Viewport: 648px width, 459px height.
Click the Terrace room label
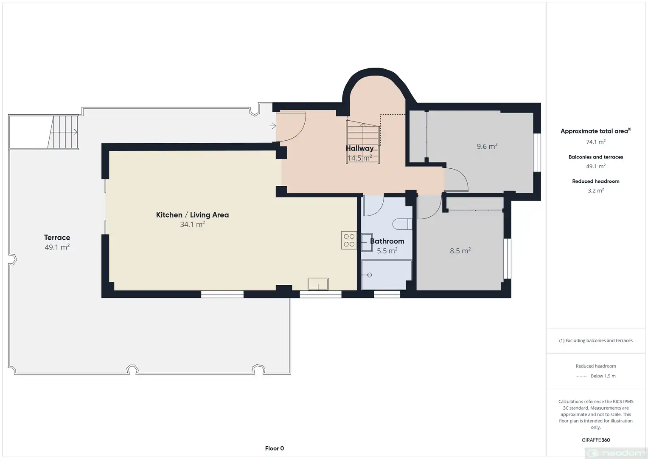click(57, 237)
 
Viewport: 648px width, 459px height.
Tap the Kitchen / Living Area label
click(192, 215)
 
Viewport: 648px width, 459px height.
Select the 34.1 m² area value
click(192, 224)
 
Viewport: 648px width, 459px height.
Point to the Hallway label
click(359, 148)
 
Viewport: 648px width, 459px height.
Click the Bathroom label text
click(387, 241)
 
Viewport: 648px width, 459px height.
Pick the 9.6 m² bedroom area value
click(487, 146)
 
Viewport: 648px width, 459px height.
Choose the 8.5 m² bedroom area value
click(460, 250)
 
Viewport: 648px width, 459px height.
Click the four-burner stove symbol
click(349, 240)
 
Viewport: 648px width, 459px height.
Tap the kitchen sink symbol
click(318, 284)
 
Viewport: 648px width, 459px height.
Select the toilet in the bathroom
click(402, 224)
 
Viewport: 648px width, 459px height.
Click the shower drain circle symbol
click(370, 275)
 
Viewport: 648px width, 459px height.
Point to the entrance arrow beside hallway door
click(272, 126)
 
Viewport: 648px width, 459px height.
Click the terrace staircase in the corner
click(63, 132)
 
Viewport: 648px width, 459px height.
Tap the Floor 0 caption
click(275, 448)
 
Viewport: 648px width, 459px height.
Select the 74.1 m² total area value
click(596, 142)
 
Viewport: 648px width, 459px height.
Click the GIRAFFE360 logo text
click(596, 440)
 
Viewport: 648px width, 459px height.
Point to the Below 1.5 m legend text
click(603, 376)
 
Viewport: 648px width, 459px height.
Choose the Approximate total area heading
click(596, 131)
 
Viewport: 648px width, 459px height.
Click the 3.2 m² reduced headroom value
click(596, 190)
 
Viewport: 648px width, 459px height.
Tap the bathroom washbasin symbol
click(367, 242)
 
